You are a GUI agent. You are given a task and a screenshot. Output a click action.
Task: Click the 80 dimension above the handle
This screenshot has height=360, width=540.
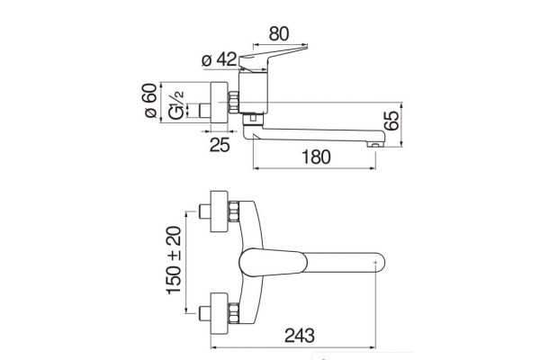[x=279, y=34]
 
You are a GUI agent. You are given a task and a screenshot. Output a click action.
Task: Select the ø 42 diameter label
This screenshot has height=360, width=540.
[x=220, y=59]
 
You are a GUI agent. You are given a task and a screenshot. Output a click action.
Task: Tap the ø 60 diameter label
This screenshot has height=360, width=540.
[x=150, y=101]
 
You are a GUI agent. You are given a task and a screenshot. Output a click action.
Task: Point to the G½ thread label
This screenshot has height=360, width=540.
[x=176, y=105]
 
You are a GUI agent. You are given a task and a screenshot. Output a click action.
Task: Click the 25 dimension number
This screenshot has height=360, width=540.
[x=220, y=145]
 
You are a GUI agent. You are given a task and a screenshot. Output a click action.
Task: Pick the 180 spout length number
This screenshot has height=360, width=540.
[x=316, y=157]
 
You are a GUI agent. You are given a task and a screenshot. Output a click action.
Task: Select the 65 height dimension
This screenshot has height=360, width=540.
[x=391, y=121]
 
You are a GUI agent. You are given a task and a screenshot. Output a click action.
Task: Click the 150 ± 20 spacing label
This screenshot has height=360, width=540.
[x=174, y=260]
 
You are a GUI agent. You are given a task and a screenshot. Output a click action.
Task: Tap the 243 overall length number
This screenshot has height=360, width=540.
[x=300, y=336]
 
